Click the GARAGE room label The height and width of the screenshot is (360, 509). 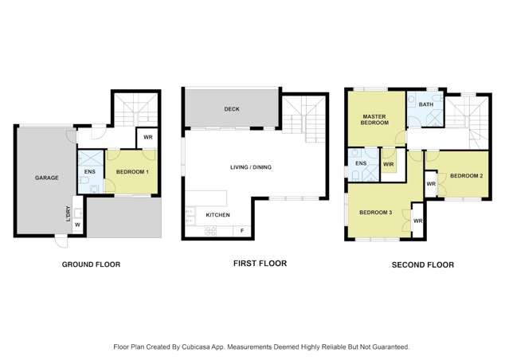click(x=46, y=178)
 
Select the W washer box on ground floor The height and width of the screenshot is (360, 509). click(x=77, y=225)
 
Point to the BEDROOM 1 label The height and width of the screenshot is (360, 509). click(x=131, y=171)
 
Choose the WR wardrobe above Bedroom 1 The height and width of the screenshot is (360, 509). click(x=147, y=137)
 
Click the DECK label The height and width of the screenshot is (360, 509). click(x=231, y=109)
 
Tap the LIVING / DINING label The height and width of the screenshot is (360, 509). click(x=253, y=166)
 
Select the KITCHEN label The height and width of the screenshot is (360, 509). click(x=218, y=215)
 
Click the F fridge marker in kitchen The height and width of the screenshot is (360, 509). click(x=242, y=230)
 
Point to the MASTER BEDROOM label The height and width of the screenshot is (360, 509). click(x=374, y=119)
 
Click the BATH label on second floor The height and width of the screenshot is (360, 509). click(x=426, y=104)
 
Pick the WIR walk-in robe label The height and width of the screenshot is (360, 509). click(x=388, y=164)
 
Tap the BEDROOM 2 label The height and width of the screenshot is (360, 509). click(x=465, y=175)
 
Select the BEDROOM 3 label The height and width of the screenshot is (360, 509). click(x=374, y=212)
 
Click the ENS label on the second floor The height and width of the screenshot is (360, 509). click(x=361, y=163)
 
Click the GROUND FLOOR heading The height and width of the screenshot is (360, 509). click(x=91, y=264)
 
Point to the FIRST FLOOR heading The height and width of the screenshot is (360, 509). click(x=259, y=263)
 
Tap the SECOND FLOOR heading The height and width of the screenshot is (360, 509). click(x=422, y=265)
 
